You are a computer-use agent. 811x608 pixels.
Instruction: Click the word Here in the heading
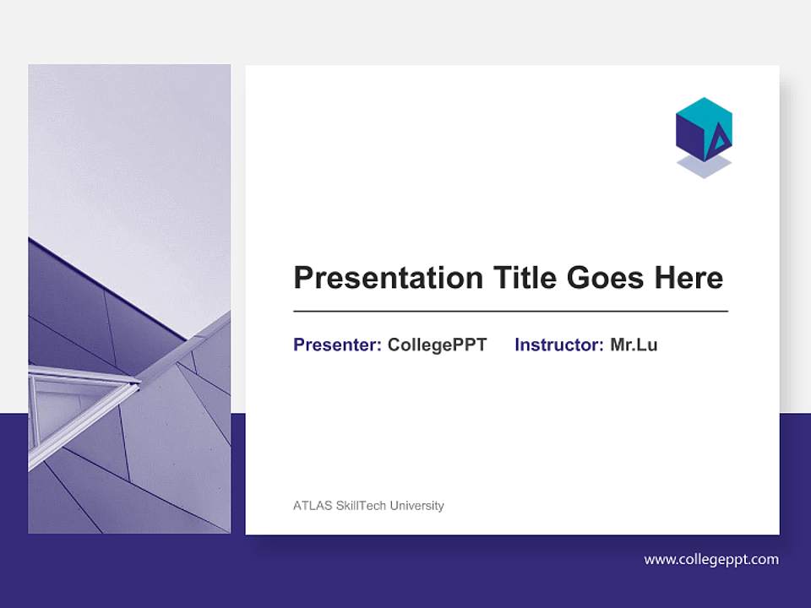689,278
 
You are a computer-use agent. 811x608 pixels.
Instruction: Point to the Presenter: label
337,345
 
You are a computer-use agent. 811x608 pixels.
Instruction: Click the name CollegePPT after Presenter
437,345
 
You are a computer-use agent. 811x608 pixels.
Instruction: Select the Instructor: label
558,345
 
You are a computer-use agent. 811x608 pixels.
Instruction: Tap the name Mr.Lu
634,345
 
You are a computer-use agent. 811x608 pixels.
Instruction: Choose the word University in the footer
415,506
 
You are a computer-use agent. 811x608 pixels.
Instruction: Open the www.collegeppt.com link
711,559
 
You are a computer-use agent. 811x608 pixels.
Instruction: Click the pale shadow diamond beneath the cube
704,168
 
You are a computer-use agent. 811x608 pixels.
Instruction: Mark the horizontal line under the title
510,312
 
